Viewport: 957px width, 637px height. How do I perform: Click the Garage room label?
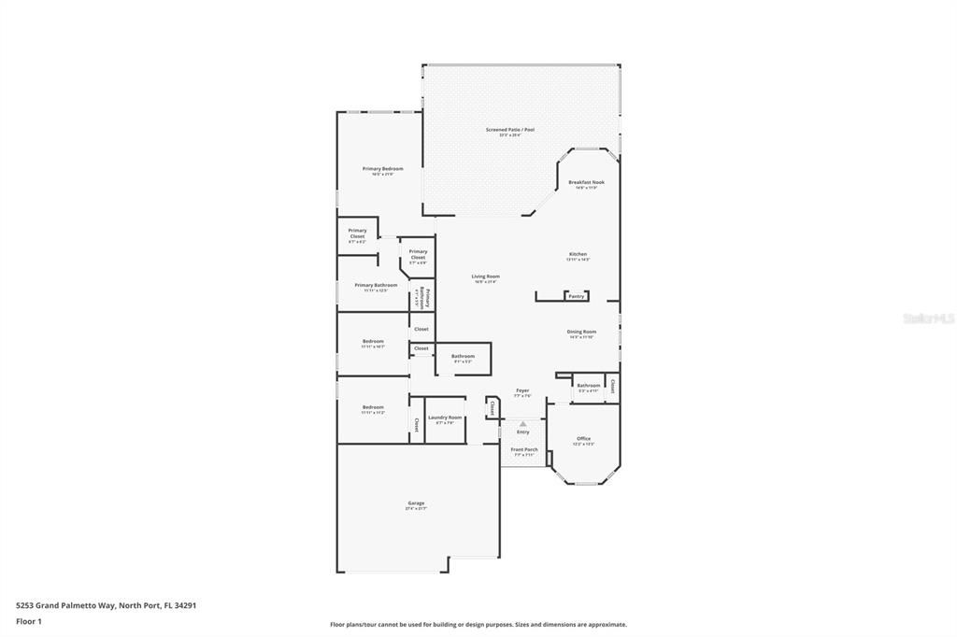[414, 503]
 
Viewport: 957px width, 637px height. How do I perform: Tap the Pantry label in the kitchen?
[576, 296]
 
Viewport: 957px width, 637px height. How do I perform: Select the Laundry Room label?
[445, 418]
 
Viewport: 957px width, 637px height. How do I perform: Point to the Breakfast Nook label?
[586, 182]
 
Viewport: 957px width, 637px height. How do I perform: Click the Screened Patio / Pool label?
[509, 130]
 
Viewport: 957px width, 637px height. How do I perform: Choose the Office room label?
[583, 438]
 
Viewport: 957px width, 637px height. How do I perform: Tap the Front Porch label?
[524, 449]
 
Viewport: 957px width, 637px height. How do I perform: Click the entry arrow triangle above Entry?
[522, 423]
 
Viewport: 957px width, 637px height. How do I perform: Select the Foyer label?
[522, 390]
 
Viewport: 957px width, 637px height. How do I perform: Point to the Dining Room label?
[581, 332]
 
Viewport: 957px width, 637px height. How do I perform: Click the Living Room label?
[485, 276]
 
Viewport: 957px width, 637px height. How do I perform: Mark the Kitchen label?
[578, 254]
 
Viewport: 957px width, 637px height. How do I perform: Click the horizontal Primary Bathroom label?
[376, 285]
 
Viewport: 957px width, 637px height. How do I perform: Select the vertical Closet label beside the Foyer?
[493, 407]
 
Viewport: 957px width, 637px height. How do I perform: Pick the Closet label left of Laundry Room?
[417, 425]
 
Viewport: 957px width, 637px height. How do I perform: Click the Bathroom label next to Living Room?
[463, 356]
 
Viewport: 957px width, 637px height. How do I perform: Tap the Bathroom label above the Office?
[588, 386]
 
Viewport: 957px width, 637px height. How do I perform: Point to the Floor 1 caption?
[29, 621]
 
